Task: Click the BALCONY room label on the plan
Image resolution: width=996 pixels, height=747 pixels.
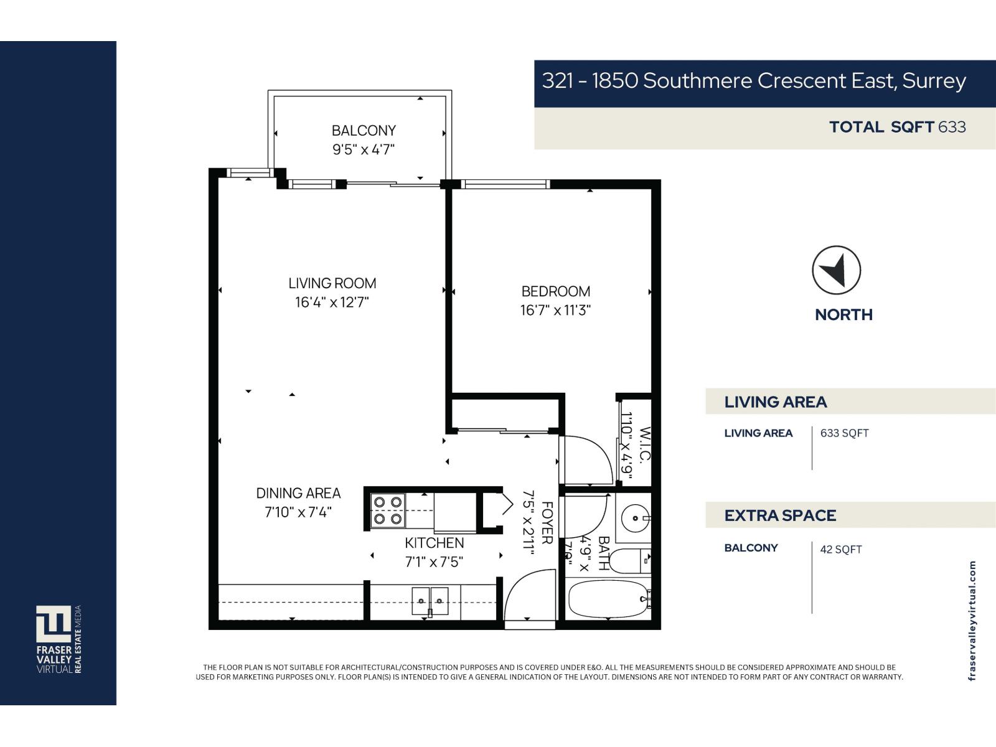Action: click(364, 131)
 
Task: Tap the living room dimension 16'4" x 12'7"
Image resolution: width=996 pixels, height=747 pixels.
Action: click(332, 303)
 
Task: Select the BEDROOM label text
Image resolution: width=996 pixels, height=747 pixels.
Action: click(555, 291)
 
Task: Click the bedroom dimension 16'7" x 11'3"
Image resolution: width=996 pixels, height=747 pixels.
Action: click(555, 310)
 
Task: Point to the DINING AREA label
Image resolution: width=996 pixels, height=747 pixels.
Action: click(298, 493)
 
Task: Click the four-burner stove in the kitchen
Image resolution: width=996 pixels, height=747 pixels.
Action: click(387, 510)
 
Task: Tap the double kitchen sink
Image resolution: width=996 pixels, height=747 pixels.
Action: click(430, 601)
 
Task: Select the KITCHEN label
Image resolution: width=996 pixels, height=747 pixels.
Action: click(434, 543)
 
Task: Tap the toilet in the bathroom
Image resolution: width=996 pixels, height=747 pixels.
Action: click(629, 561)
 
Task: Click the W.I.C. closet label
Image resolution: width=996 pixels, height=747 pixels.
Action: click(645, 444)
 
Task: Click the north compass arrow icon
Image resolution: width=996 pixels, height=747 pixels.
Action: click(836, 270)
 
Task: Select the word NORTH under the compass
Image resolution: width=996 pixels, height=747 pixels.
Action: click(843, 315)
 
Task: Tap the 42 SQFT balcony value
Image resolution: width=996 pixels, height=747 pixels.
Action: click(840, 549)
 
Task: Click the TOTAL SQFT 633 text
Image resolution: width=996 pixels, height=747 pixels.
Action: click(897, 127)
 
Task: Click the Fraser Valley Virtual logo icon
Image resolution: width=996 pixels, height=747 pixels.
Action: click(54, 624)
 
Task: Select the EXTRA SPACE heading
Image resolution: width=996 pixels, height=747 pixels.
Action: click(780, 515)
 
